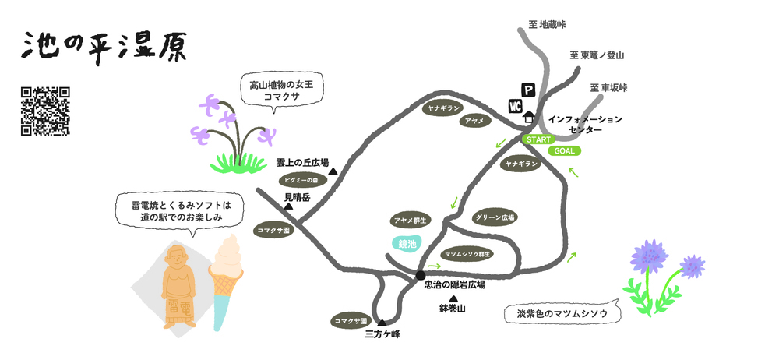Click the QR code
point(45,111)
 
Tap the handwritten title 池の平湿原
point(104,48)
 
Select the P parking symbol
point(528,90)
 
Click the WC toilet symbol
point(515,106)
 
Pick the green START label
point(538,139)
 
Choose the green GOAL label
point(564,151)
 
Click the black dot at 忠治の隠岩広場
point(421,275)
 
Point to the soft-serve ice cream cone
point(226,282)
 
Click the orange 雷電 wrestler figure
point(179,286)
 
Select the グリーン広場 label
point(495,217)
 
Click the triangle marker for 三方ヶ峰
point(382,323)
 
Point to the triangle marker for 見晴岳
point(288,206)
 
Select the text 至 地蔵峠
point(547,24)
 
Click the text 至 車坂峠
point(608,88)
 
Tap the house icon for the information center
point(529,117)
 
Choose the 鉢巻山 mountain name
point(452,309)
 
